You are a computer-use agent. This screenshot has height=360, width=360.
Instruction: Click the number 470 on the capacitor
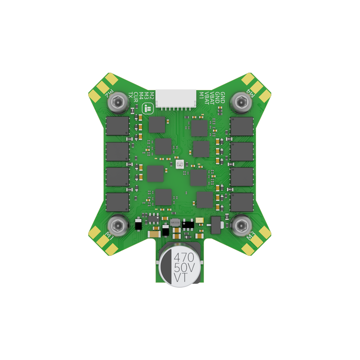[184, 257]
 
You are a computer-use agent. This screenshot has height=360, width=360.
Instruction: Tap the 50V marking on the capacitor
[184, 267]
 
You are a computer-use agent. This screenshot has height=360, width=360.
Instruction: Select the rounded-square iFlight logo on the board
[147, 108]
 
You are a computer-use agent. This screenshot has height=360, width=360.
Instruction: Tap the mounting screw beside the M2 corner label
[117, 103]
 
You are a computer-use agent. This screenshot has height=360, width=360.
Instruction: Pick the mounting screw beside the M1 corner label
[117, 226]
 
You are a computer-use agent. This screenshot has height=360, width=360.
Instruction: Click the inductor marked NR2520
[175, 223]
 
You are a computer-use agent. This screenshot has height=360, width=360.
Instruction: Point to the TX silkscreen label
[131, 95]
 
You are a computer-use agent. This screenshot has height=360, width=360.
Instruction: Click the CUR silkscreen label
[136, 96]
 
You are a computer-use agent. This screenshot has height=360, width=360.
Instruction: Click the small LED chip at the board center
[179, 165]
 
